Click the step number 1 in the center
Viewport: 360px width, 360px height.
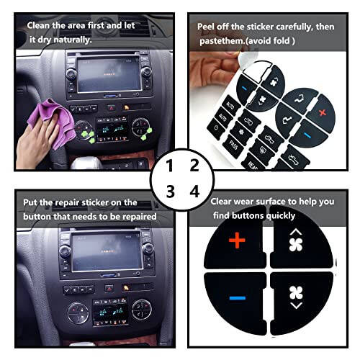tap(170, 166)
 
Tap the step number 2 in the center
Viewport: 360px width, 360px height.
tap(193, 166)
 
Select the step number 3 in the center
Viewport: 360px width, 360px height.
tap(170, 192)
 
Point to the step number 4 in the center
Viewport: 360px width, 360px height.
tap(193, 192)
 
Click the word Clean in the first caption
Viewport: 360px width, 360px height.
tap(40, 24)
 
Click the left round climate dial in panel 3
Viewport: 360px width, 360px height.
tap(76, 310)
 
